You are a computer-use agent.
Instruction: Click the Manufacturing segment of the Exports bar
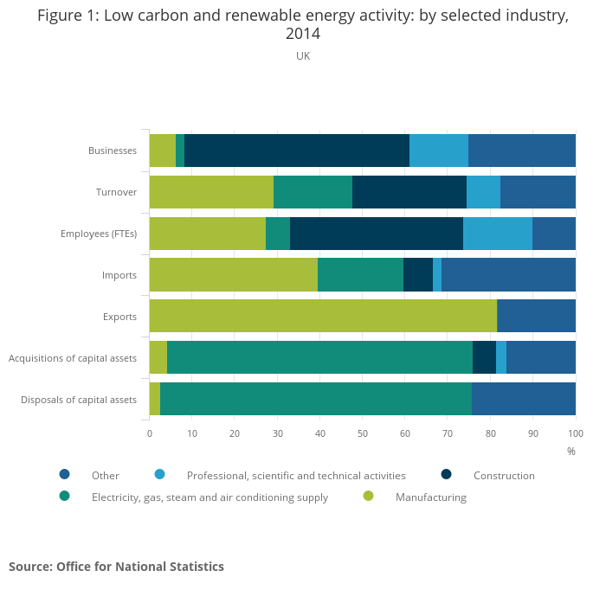point(323,316)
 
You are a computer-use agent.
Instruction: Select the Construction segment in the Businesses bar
point(297,151)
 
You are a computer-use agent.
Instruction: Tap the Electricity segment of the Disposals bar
point(316,399)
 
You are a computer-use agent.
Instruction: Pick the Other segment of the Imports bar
point(508,274)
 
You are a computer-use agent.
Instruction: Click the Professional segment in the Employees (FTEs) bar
point(498,234)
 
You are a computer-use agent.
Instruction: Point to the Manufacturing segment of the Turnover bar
point(211,192)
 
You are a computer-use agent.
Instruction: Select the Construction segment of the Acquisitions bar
point(484,357)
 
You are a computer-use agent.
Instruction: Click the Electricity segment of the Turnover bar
point(313,192)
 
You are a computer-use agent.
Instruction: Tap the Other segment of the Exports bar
point(537,316)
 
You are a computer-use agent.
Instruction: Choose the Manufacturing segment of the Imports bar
point(234,274)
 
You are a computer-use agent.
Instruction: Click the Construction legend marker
point(447,474)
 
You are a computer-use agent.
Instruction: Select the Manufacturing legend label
point(430,497)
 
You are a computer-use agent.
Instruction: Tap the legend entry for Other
point(105,475)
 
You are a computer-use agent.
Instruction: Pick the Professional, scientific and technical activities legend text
point(296,475)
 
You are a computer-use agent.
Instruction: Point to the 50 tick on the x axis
point(363,433)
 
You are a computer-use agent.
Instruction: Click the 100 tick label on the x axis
point(575,433)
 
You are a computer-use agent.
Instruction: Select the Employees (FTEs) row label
point(99,234)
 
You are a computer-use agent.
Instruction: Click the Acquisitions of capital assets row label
point(73,357)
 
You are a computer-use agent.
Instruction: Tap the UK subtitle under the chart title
point(303,56)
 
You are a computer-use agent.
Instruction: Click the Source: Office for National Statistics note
point(116,567)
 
